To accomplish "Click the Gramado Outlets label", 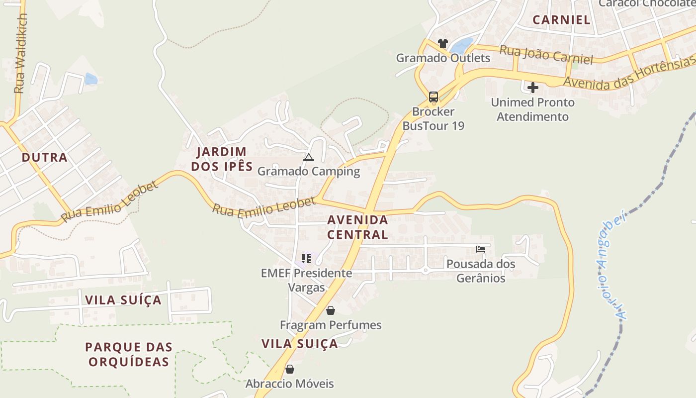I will (442, 58).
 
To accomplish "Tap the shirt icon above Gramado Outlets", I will (442, 43).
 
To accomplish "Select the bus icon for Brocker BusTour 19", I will (433, 97).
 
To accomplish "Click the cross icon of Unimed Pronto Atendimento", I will (533, 88).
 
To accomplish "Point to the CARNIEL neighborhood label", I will (561, 20).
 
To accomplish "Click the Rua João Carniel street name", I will (546, 55).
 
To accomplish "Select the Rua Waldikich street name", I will (20, 54).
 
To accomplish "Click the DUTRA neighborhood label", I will (44, 158).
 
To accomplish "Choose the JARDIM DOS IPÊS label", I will (222, 159).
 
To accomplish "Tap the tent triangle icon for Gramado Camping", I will (309, 158).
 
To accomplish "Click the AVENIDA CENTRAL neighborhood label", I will (357, 227).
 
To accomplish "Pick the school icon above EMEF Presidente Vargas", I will (306, 259).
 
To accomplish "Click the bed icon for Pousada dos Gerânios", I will (481, 249).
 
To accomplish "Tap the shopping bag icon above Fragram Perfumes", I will (331, 311).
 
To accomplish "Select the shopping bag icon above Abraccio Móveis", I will (290, 370).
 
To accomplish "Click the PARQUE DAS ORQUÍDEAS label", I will (129, 354).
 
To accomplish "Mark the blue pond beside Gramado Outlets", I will (461, 46).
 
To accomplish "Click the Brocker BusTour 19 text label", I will (433, 118).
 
